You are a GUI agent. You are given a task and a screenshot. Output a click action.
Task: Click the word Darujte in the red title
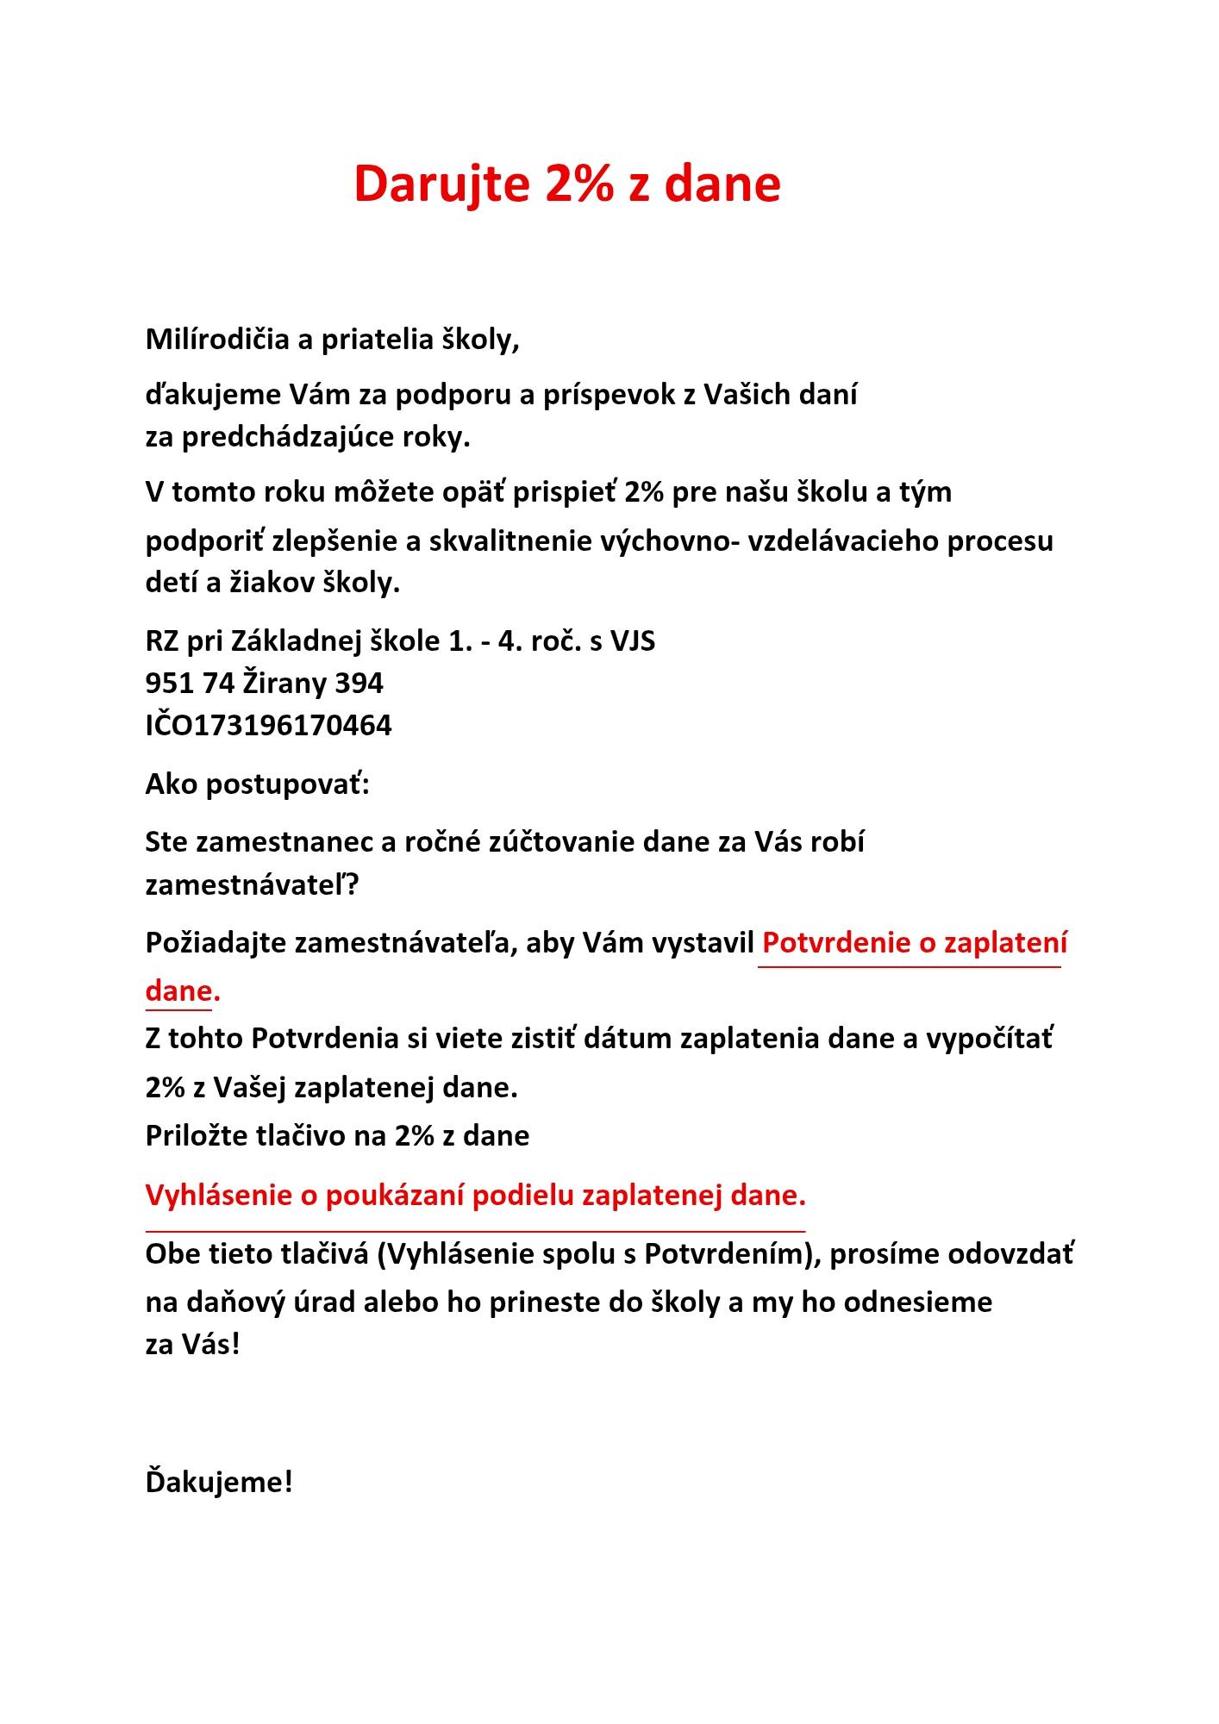click(441, 184)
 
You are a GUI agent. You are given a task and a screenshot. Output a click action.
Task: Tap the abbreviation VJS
click(633, 641)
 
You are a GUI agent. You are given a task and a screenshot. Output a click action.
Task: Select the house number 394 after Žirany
click(359, 683)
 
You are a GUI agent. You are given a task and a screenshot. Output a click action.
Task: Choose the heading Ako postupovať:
click(257, 784)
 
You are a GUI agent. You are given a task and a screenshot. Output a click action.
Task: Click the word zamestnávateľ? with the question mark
click(252, 885)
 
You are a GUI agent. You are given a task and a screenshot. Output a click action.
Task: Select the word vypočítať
click(989, 1039)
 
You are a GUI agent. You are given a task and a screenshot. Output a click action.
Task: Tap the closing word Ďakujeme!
click(219, 1483)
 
